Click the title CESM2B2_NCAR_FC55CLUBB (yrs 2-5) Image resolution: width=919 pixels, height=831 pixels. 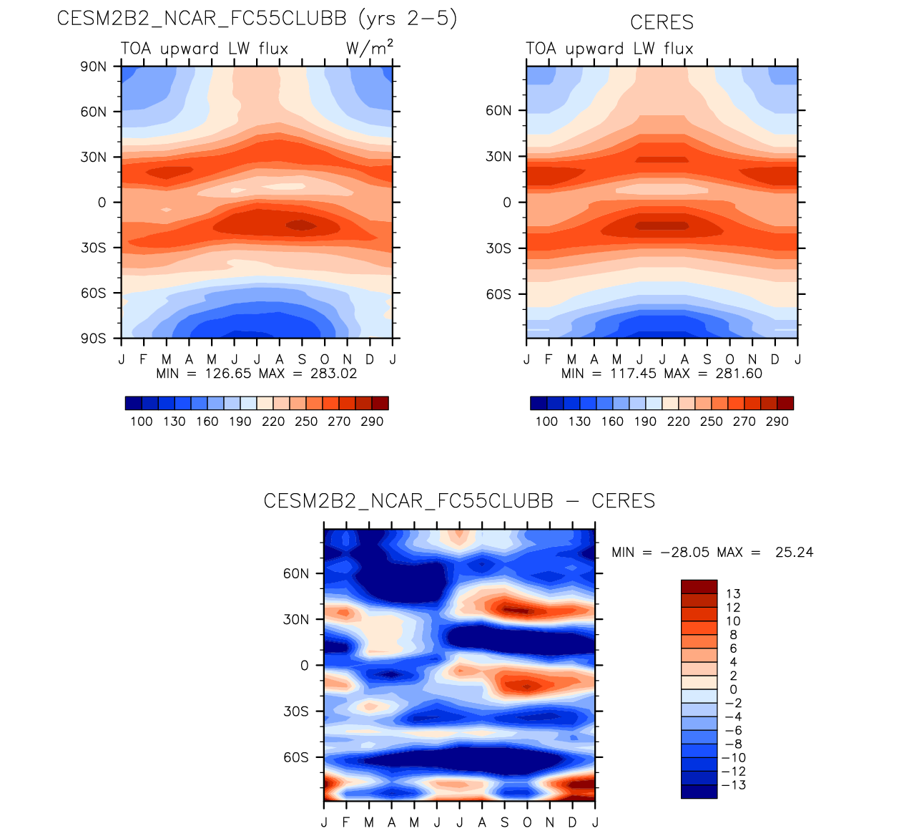(x=257, y=19)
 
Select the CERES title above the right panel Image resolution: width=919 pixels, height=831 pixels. (x=662, y=22)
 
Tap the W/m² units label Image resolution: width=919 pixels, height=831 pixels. (x=369, y=49)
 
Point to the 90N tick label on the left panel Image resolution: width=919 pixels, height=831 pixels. (x=93, y=67)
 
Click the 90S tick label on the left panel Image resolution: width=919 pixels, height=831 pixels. (x=93, y=339)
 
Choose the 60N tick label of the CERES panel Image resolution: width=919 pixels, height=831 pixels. (x=498, y=111)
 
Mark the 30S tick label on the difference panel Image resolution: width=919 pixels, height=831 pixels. (x=295, y=711)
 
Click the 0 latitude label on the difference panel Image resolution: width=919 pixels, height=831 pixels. (x=305, y=666)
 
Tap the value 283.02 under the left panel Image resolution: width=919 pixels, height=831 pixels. (x=333, y=374)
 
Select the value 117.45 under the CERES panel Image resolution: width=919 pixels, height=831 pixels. (x=634, y=374)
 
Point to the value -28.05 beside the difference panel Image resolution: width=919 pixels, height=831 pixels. (x=684, y=553)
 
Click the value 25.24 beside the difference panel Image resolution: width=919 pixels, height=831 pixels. (x=794, y=553)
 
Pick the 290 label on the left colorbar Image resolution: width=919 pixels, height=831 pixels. (x=372, y=422)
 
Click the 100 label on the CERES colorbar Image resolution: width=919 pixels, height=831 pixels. (x=546, y=422)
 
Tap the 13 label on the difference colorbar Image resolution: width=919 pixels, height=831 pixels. (x=733, y=593)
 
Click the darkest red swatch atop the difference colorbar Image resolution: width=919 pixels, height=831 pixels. (x=699, y=586)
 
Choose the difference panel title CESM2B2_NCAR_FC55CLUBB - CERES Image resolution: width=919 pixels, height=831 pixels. (x=459, y=501)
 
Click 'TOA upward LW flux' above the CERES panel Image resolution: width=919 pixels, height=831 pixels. (x=609, y=49)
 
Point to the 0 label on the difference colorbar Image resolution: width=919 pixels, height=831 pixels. (x=733, y=689)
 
